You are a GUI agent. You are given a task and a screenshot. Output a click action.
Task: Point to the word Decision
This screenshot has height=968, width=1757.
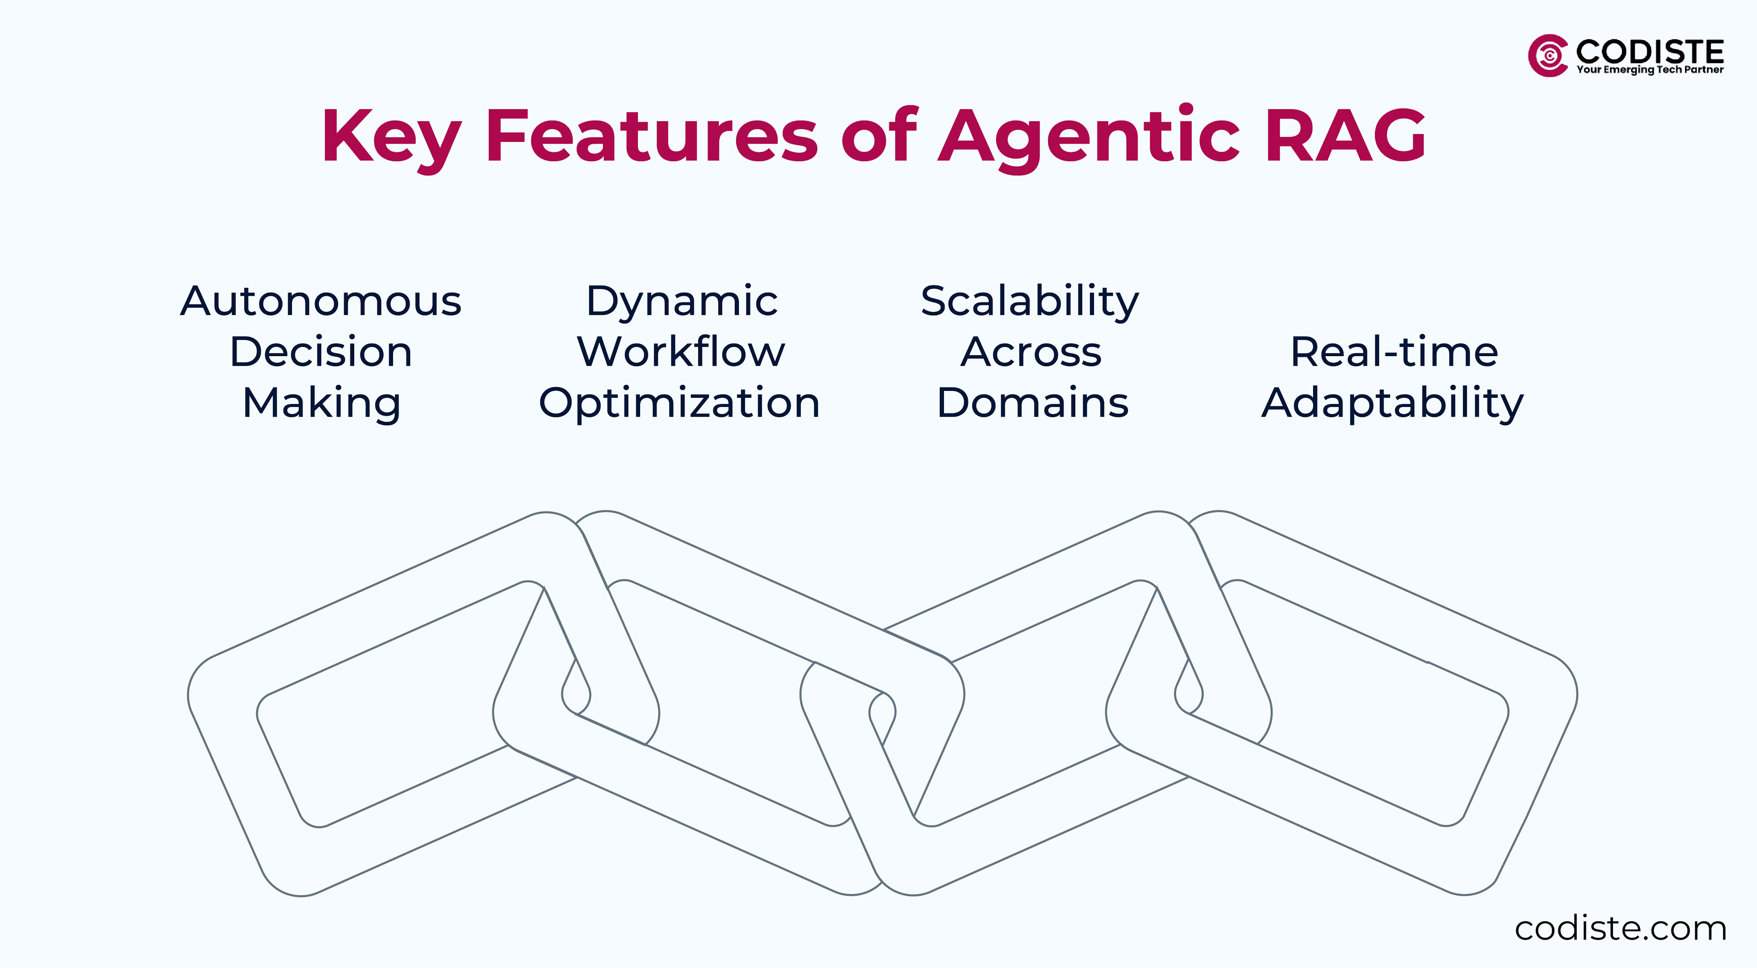click(321, 352)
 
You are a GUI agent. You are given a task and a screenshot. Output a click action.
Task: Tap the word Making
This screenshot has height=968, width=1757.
click(321, 402)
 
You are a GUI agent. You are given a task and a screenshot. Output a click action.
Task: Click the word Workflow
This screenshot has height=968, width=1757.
click(681, 352)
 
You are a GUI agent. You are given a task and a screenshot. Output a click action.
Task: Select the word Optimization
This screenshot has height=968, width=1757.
click(679, 402)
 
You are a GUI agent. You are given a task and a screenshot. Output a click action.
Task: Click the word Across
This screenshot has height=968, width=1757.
click(1031, 352)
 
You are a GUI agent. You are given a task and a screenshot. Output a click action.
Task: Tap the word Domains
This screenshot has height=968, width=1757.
click(1033, 402)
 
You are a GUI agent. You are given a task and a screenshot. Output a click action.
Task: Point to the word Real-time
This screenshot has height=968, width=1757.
click(1394, 352)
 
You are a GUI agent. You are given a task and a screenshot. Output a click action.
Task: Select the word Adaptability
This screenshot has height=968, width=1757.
click(1392, 402)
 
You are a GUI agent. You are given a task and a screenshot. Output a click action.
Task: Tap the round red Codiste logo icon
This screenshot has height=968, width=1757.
click(1547, 55)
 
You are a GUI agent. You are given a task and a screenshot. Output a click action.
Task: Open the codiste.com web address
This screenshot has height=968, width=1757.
click(1620, 929)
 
